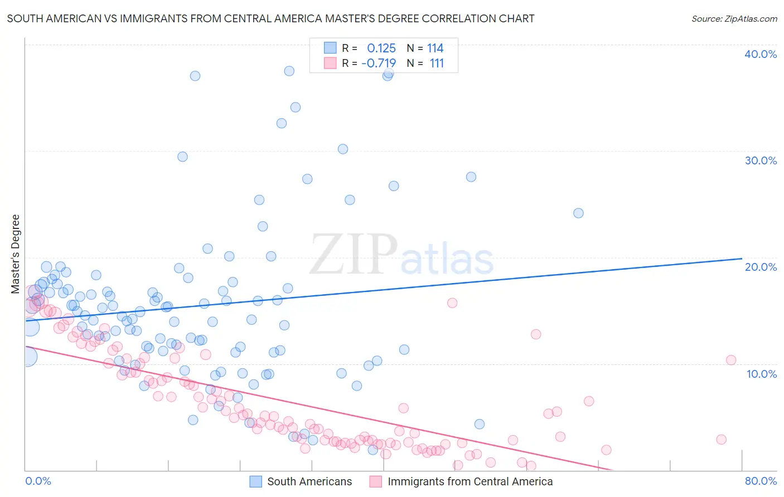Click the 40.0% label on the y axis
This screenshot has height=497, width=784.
(761, 54)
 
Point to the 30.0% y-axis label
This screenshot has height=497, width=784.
(761, 160)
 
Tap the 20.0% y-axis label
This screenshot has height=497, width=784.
(761, 267)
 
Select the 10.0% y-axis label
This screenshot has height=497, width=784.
(761, 374)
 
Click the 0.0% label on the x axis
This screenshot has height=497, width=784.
(38, 481)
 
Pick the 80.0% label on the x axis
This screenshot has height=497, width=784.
(761, 481)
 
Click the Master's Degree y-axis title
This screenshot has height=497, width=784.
(16, 254)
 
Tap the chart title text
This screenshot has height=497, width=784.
(270, 19)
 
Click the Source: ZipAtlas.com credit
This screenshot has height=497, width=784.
(734, 19)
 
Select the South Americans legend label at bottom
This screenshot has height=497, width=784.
(309, 481)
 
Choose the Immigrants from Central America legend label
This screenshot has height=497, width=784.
(470, 481)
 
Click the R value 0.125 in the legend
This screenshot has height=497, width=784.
(381, 48)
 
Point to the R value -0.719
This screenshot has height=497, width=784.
(379, 64)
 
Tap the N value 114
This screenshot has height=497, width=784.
(435, 48)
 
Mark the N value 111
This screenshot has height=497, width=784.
(437, 64)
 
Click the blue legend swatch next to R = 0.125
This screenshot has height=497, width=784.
(330, 48)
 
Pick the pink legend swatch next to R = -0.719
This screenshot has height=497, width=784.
(330, 63)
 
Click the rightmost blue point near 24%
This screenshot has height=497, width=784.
(578, 213)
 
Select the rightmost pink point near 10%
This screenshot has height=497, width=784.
(731, 360)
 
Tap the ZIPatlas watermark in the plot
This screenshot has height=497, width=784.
(401, 255)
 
